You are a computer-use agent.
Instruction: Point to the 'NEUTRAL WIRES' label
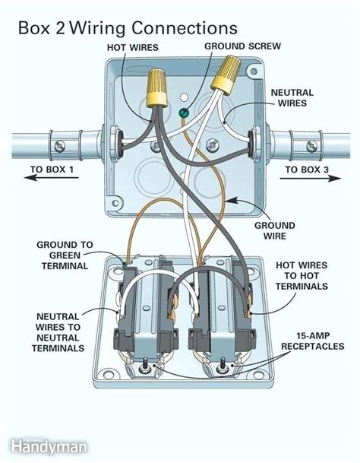292,97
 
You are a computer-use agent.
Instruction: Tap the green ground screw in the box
182,115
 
